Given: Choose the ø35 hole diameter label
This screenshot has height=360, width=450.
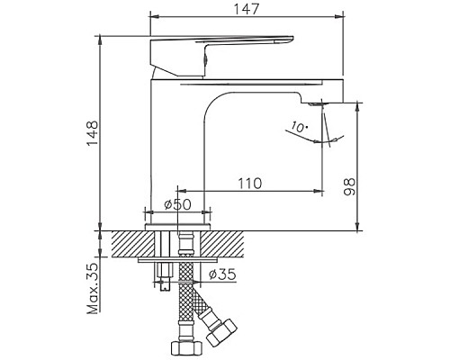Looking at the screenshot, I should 222,273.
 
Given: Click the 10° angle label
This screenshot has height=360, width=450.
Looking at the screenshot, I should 299,128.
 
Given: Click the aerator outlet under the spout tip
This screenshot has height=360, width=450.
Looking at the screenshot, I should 323,105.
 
